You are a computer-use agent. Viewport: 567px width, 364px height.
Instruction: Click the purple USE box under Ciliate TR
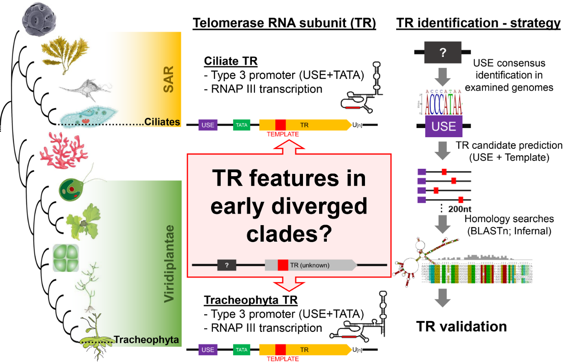[208, 125]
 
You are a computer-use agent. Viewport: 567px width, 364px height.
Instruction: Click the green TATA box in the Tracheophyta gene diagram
[241, 349]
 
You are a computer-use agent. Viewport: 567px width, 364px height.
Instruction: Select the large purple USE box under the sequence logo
[444, 126]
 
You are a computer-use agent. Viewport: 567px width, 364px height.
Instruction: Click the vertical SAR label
[166, 79]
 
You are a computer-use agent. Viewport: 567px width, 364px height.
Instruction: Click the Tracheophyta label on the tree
[146, 340]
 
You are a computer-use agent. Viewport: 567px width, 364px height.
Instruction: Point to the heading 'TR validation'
[461, 326]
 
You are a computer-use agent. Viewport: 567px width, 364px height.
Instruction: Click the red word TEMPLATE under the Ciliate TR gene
[283, 134]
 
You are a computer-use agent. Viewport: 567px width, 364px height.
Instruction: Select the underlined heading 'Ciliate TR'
[230, 61]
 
